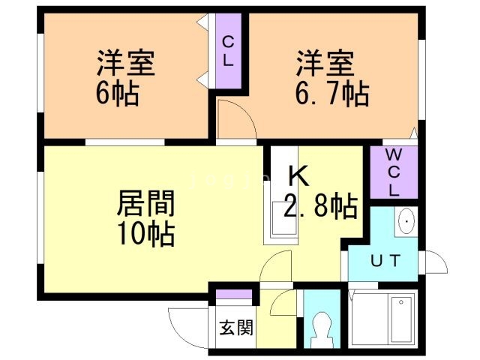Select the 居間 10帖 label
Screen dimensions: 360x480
[x=146, y=218]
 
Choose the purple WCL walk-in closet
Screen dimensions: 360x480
[x=394, y=172]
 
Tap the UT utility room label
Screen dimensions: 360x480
[x=385, y=260]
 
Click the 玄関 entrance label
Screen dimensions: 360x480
[x=235, y=328]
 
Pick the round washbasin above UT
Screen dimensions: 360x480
[x=406, y=222]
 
